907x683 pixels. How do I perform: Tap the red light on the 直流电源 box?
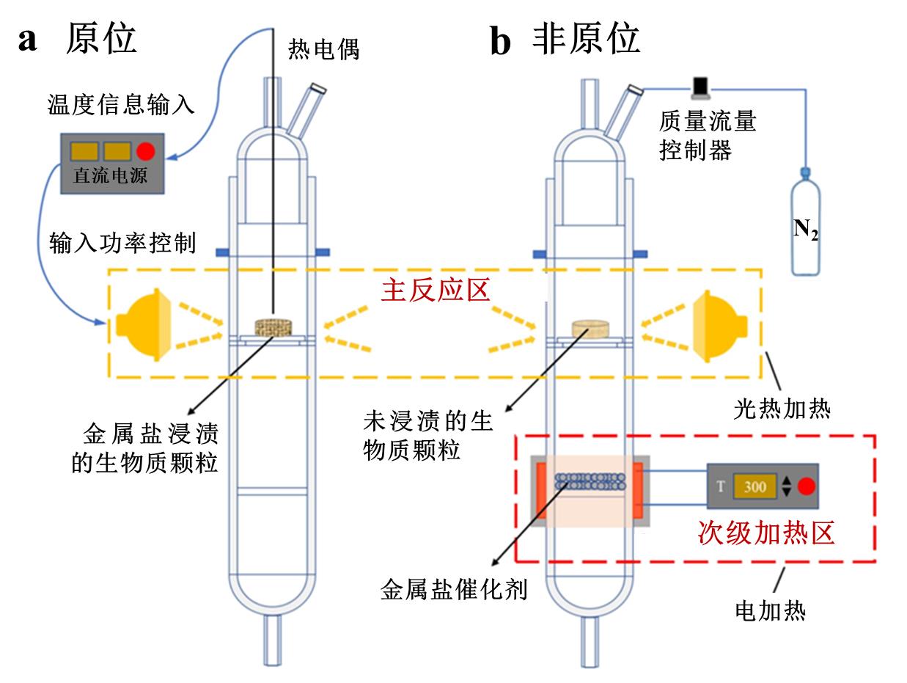(x=145, y=151)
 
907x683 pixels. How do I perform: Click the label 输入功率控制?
(x=122, y=241)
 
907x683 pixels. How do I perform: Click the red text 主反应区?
(x=433, y=291)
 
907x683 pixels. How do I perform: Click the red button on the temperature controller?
(x=805, y=486)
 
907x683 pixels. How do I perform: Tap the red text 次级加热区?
(x=765, y=532)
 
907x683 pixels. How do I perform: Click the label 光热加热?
(x=782, y=409)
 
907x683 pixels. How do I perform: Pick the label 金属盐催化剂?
(x=454, y=591)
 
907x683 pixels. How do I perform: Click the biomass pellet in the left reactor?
(x=273, y=326)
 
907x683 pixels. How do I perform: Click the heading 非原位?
(x=586, y=38)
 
